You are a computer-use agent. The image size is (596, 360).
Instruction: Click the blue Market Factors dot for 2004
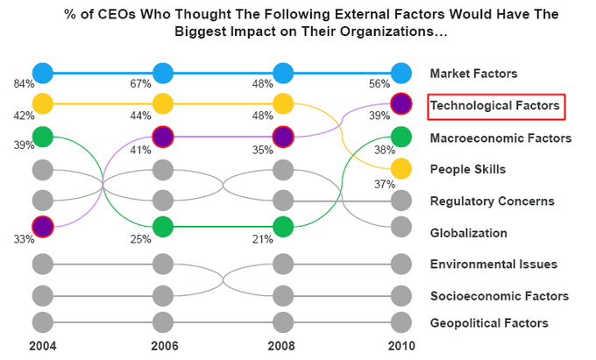click(42, 73)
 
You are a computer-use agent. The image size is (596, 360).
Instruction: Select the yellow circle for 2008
click(282, 104)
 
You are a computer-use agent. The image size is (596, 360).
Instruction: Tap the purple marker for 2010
click(401, 104)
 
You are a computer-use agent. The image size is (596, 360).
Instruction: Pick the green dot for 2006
click(163, 227)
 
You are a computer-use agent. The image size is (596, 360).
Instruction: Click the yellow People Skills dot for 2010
click(401, 168)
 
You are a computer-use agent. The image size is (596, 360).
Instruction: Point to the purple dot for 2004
click(42, 227)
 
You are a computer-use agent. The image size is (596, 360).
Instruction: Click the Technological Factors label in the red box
click(495, 106)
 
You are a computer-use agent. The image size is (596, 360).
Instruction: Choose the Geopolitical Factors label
click(489, 323)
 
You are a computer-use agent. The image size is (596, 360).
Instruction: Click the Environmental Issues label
click(493, 265)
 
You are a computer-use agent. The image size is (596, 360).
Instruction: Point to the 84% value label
click(24, 84)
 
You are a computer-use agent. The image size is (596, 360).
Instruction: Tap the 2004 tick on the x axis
click(42, 347)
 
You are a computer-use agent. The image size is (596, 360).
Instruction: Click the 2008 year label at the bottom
click(282, 347)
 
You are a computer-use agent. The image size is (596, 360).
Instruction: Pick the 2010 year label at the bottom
click(401, 347)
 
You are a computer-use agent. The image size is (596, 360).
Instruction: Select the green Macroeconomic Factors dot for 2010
click(401, 137)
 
